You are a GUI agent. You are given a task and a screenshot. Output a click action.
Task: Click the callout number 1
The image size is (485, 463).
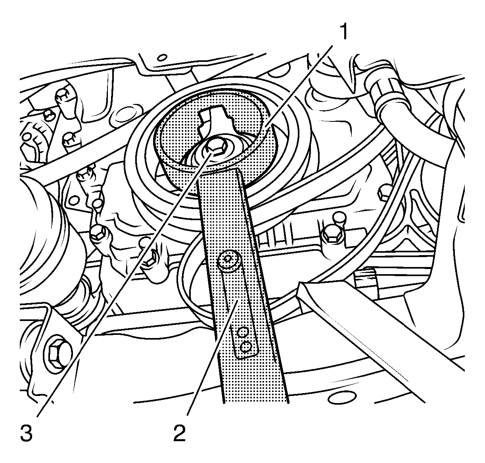pyautogui.click(x=343, y=32)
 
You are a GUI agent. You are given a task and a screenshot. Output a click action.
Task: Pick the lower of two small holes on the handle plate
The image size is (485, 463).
pyautogui.click(x=245, y=347)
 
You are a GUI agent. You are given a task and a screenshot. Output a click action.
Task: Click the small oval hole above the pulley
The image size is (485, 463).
pyautogui.click(x=162, y=58)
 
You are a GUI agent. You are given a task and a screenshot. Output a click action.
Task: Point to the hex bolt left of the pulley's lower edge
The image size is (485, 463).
pyautogui.click(x=98, y=234)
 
